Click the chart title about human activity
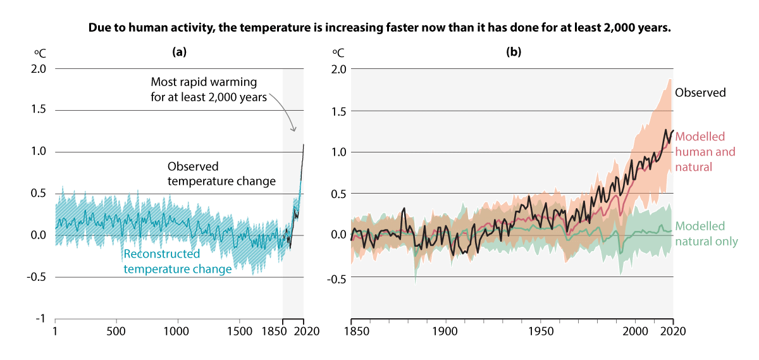[379, 29]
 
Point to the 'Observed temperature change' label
[221, 174]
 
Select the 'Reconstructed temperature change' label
[177, 261]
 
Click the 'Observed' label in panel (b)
[700, 92]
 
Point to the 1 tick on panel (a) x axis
[56, 331]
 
